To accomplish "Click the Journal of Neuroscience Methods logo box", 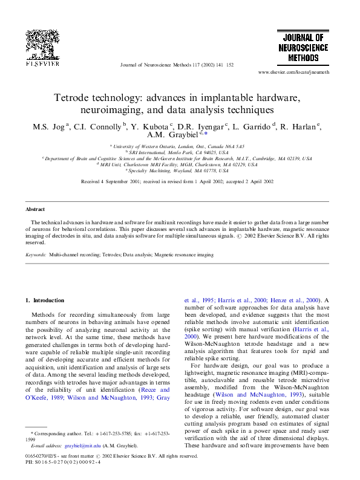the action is coord(303,47).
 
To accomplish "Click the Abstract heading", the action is coord(35,209).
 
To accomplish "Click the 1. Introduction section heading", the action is coord(45,300).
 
